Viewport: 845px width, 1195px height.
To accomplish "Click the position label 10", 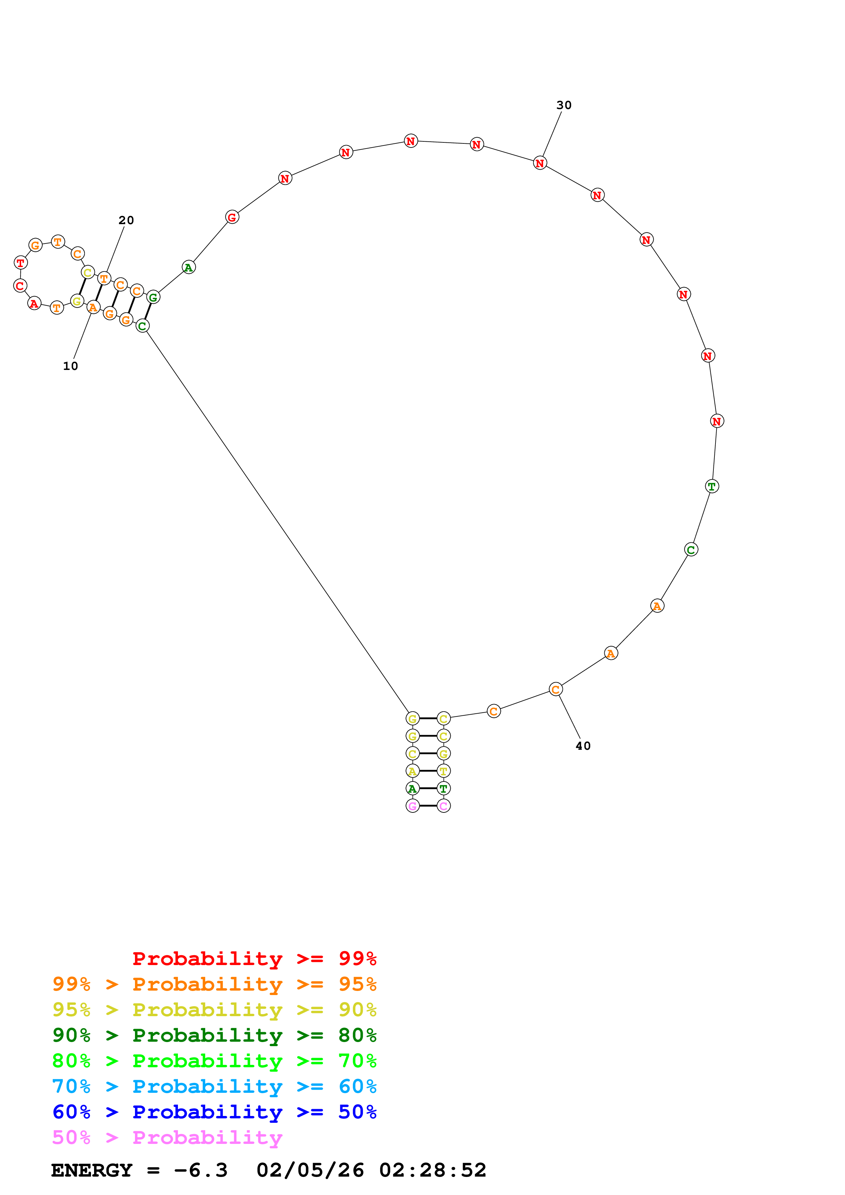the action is pyautogui.click(x=70, y=366).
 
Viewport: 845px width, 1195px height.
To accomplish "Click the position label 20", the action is pyautogui.click(x=126, y=220).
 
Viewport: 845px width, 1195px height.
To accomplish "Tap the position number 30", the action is pyautogui.click(x=564, y=105).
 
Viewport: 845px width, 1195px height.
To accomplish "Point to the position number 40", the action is pyautogui.click(x=583, y=746).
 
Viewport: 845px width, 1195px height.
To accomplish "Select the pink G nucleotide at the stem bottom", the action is pyautogui.click(x=412, y=806).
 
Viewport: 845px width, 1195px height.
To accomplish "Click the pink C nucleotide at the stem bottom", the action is pyautogui.click(x=443, y=806).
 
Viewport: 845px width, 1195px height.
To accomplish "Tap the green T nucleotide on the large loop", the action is pyautogui.click(x=712, y=486).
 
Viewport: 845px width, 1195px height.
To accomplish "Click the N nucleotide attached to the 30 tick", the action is pyautogui.click(x=540, y=164).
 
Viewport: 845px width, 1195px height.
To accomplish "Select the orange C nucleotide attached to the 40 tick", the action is pyautogui.click(x=556, y=689).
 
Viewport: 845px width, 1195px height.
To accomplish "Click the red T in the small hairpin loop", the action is pyautogui.click(x=20, y=263).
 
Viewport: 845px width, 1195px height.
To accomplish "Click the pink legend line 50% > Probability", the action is pyautogui.click(x=167, y=1138).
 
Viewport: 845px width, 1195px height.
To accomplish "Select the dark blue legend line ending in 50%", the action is pyautogui.click(x=214, y=1112).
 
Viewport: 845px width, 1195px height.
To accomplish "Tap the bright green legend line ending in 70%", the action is pyautogui.click(x=214, y=1061).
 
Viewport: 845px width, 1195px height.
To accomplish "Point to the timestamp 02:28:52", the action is pyautogui.click(x=432, y=1170).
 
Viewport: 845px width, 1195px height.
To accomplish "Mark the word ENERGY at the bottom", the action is pyautogui.click(x=92, y=1170).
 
